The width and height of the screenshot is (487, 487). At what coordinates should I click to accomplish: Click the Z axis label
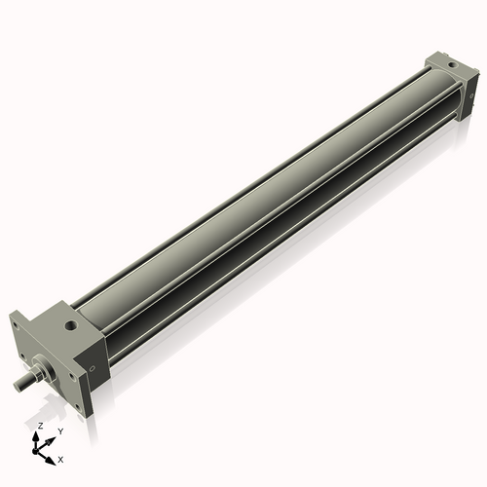[39, 427]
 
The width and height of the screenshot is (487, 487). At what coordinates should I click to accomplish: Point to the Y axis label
[60, 430]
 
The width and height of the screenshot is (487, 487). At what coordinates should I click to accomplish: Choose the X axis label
[61, 458]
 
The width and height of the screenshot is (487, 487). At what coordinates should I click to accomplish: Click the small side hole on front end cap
[93, 369]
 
